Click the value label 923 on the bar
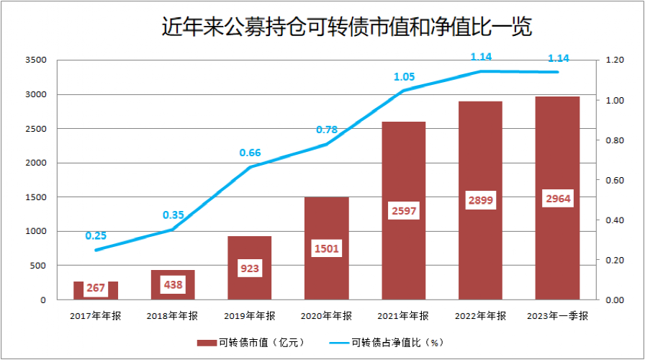[250, 269]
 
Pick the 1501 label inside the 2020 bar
[326, 248]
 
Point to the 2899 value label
[481, 201]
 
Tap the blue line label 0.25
[96, 235]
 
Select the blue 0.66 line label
[250, 153]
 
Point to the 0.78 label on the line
[327, 130]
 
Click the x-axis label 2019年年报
[249, 315]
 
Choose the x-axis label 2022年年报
[481, 315]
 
